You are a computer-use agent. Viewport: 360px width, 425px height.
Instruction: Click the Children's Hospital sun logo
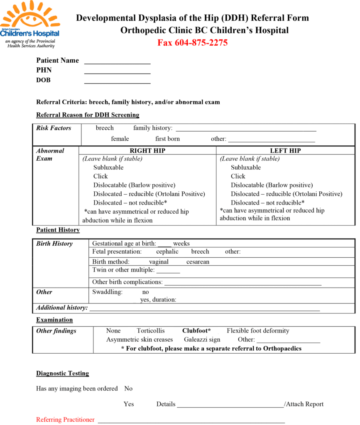(29, 19)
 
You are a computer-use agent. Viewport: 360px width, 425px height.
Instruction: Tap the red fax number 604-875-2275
(192, 42)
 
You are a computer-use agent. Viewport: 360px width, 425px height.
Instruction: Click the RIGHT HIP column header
(147, 151)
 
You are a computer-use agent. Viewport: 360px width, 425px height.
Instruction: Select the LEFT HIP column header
(285, 151)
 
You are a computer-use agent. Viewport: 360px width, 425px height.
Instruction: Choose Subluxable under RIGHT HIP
(108, 167)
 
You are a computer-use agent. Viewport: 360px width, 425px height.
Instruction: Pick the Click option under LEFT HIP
(238, 176)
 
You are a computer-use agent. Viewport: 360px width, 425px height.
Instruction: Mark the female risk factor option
(120, 139)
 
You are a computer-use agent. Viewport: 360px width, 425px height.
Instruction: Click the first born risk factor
(167, 139)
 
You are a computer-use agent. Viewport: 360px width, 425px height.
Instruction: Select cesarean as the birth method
(198, 262)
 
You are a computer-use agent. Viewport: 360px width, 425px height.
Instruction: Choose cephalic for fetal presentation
(167, 252)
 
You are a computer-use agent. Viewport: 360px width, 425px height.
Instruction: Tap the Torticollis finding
(151, 331)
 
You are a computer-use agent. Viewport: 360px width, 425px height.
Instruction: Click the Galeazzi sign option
(202, 340)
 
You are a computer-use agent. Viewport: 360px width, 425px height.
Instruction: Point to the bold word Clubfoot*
(196, 331)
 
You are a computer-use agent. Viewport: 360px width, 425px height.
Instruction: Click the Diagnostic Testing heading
(62, 373)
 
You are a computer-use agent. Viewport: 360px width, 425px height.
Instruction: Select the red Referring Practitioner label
(65, 420)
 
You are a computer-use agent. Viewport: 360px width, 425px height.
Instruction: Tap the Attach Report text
(304, 404)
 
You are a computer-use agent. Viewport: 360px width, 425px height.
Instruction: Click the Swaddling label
(107, 292)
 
